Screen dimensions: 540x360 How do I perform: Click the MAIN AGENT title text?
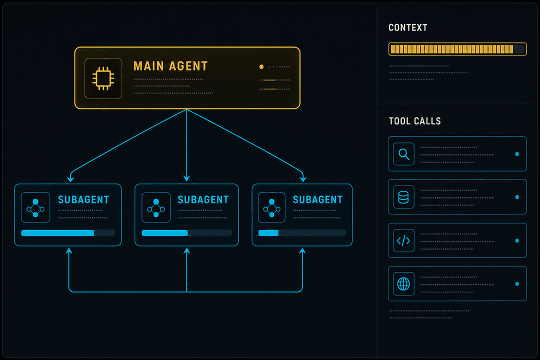(170, 66)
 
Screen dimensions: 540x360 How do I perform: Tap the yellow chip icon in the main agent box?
(103, 78)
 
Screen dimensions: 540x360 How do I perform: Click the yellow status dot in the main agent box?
(261, 67)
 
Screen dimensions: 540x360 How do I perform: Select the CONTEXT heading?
(408, 27)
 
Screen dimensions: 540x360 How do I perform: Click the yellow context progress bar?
(457, 49)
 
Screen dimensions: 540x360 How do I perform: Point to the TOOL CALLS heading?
(414, 121)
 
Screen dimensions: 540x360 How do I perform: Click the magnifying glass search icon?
(403, 154)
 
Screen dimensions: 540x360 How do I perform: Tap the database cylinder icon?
(403, 197)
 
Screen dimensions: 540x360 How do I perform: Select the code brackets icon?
(403, 240)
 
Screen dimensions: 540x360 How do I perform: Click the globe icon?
(403, 284)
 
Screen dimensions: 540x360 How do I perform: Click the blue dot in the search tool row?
(517, 154)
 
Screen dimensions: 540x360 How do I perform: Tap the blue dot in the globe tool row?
(517, 284)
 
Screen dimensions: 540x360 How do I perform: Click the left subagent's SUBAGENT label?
(83, 199)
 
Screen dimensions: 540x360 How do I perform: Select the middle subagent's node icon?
(156, 207)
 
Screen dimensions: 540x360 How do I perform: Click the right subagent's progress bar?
(301, 233)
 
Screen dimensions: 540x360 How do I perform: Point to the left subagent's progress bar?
(68, 233)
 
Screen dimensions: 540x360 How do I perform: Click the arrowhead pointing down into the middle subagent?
(186, 178)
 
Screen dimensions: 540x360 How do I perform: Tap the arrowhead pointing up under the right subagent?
(302, 251)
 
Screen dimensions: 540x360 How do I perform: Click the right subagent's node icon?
(271, 207)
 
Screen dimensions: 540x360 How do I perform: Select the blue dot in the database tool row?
(517, 197)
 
